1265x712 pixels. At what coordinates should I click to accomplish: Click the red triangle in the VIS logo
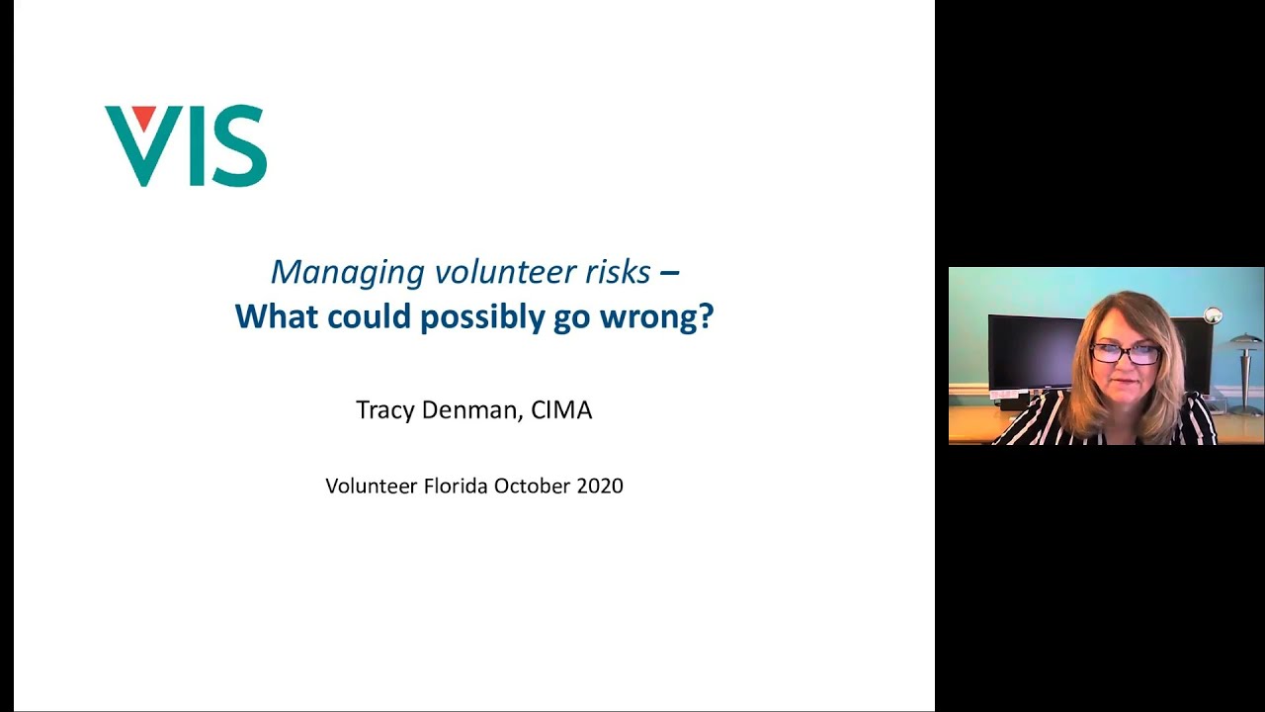tap(143, 118)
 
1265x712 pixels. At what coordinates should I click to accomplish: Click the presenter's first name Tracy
tap(385, 410)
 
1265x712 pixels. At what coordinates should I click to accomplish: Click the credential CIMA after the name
tap(561, 410)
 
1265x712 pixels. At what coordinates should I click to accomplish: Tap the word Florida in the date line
tap(456, 486)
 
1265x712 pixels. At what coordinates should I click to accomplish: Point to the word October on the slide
tap(533, 486)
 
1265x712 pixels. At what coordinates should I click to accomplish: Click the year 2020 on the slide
tap(600, 486)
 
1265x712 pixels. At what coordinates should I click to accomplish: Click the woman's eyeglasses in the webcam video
tap(1127, 353)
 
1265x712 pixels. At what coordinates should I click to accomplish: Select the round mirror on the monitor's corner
tap(1214, 316)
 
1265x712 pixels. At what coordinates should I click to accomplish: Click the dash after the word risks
tap(669, 272)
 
